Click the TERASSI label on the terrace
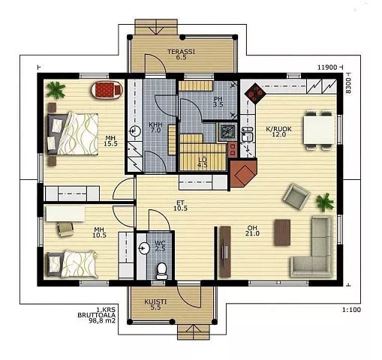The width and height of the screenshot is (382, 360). tap(181, 52)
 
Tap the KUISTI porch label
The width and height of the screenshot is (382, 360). tap(155, 301)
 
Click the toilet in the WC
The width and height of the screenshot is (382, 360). tap(162, 271)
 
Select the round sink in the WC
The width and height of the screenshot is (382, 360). tap(144, 248)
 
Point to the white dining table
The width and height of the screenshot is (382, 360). tap(319, 130)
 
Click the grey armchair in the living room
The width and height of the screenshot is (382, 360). tap(296, 196)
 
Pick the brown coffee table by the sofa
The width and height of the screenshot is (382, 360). tap(282, 232)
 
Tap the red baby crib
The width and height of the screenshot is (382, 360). tap(107, 90)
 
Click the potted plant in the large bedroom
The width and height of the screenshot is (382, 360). tap(56, 90)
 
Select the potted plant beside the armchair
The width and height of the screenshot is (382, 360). tap(325, 202)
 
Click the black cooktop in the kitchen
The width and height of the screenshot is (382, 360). tap(255, 93)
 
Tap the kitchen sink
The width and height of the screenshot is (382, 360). tap(248, 134)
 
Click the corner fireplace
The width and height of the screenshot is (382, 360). tap(243, 173)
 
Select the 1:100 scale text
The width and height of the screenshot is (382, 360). tap(351, 310)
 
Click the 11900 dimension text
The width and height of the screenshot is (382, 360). tap(327, 67)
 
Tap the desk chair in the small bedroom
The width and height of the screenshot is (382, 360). tap(65, 229)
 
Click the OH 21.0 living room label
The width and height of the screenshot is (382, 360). tap(252, 230)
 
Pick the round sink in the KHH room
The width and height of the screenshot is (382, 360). tap(135, 130)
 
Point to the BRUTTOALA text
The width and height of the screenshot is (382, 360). tap(96, 315)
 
